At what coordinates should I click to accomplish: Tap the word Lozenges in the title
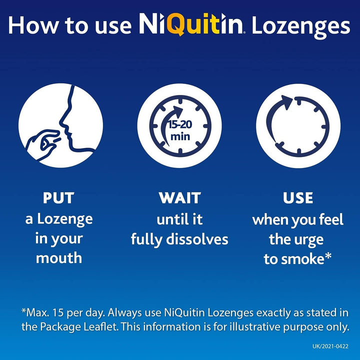pos(300,25)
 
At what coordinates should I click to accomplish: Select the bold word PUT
pos(58,198)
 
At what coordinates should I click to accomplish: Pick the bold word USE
pos(298,198)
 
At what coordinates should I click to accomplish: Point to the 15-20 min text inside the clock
pos(179,128)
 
